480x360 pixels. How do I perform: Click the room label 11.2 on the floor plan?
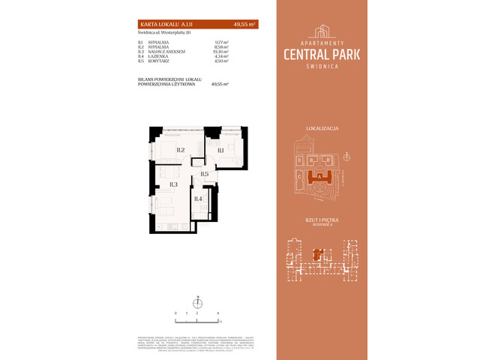pyautogui.click(x=181, y=150)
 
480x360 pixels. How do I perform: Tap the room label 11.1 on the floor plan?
pyautogui.click(x=221, y=151)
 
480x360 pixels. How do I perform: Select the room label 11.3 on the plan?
pyautogui.click(x=172, y=184)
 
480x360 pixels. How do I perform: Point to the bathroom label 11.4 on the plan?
pyautogui.click(x=198, y=199)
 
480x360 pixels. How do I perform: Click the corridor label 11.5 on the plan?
pyautogui.click(x=204, y=174)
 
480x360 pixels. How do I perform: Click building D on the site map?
pyautogui.click(x=299, y=160)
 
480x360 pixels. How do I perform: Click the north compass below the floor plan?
pyautogui.click(x=197, y=302)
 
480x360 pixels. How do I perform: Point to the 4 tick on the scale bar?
pyautogui.click(x=217, y=311)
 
